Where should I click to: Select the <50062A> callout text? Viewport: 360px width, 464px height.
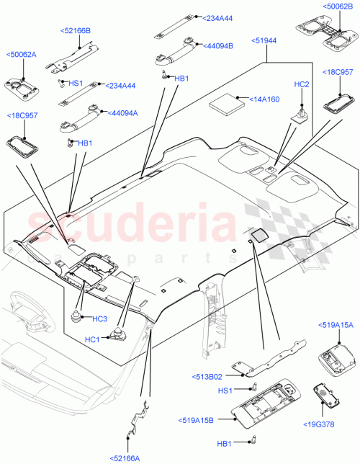[22, 54]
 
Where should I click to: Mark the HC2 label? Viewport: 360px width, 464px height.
[302, 84]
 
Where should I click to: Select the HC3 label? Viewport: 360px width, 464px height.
[99, 318]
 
